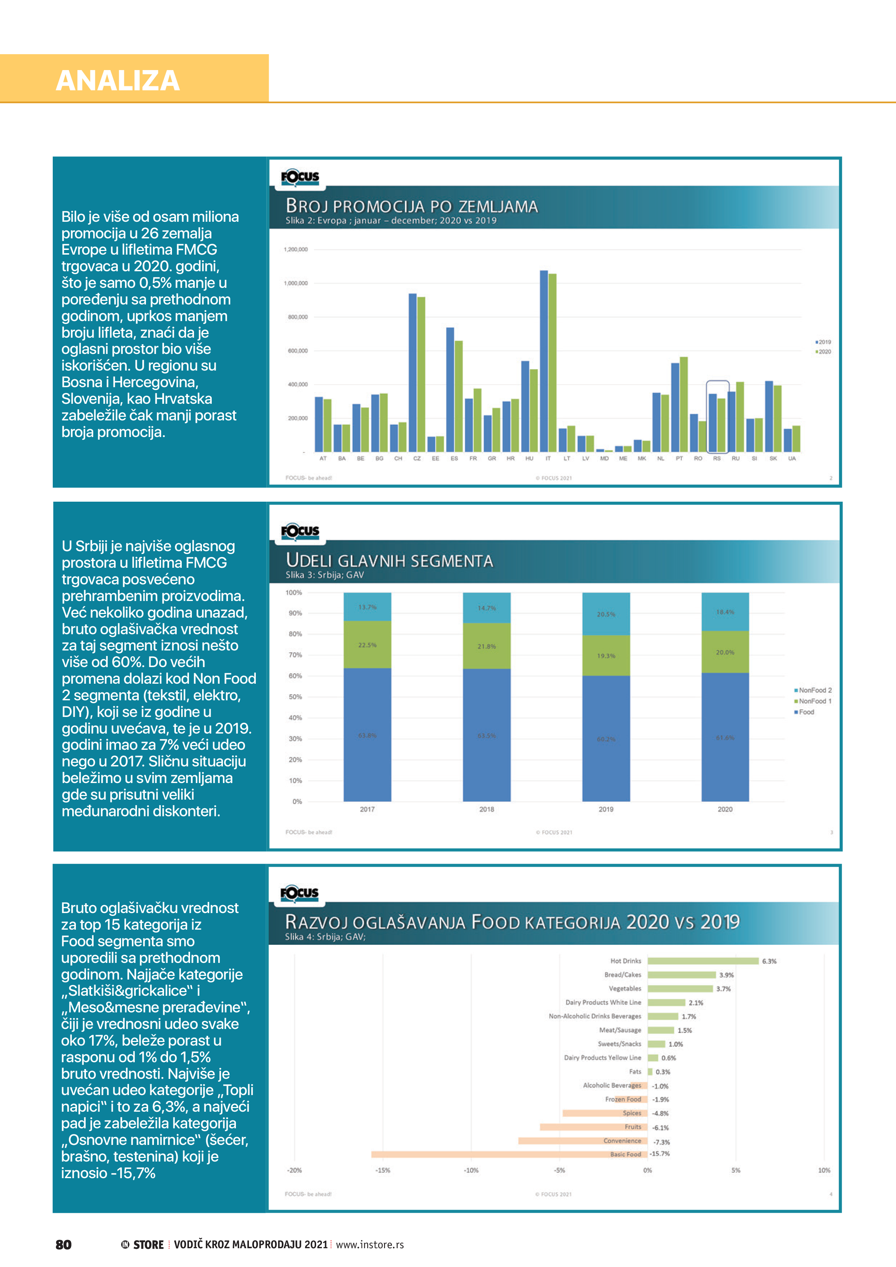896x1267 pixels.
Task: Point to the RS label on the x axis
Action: point(716,459)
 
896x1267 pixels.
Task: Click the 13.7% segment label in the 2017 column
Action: point(367,607)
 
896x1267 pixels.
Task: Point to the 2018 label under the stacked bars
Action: point(486,809)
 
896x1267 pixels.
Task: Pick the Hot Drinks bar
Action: point(703,961)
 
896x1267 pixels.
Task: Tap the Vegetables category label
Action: point(625,988)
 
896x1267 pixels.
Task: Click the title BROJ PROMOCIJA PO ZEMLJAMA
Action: point(411,206)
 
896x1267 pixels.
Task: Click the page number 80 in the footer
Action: point(64,1244)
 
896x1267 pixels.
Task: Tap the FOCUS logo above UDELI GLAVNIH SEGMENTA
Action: point(300,531)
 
